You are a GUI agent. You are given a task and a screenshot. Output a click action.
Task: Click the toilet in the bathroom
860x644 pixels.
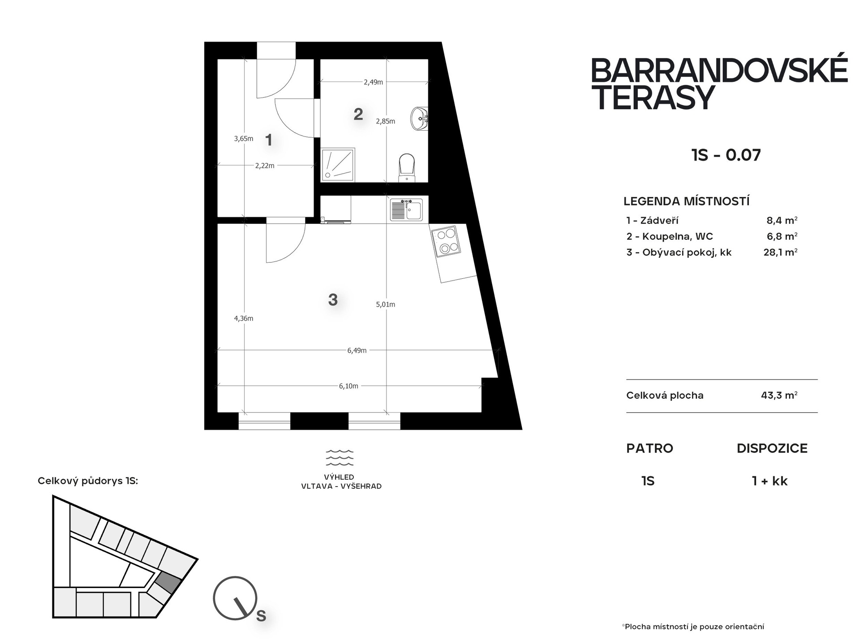click(407, 168)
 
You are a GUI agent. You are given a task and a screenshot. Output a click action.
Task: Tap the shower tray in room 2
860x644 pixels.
click(338, 165)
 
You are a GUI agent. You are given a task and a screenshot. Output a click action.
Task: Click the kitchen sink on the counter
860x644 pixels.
click(406, 210)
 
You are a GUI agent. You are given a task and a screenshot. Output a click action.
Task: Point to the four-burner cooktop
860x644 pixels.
click(446, 241)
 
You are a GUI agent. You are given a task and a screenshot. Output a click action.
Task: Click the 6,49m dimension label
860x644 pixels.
click(357, 350)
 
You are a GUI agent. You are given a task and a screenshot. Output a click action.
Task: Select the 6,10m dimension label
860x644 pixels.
click(348, 386)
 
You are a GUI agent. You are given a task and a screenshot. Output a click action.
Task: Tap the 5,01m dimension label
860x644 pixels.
click(386, 304)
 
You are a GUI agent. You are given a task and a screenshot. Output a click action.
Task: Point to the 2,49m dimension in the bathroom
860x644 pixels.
click(374, 82)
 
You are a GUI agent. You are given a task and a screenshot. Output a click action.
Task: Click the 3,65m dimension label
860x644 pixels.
click(244, 139)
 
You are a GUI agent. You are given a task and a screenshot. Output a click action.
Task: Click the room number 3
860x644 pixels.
click(333, 299)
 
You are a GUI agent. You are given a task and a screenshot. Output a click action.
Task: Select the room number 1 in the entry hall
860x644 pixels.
click(269, 140)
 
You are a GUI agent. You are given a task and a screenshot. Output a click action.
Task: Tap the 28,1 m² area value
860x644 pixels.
click(780, 252)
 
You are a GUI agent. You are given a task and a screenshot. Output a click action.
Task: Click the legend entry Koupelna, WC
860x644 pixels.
click(670, 236)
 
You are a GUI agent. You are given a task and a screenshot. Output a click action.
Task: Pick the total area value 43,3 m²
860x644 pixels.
click(779, 395)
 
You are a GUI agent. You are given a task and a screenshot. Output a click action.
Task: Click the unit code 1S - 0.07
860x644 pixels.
click(726, 155)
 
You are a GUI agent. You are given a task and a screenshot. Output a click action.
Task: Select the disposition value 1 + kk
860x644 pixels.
click(770, 481)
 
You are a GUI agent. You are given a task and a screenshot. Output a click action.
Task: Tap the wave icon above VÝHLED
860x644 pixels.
click(340, 458)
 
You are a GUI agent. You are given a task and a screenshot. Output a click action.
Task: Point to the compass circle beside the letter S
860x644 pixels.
click(235, 598)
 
